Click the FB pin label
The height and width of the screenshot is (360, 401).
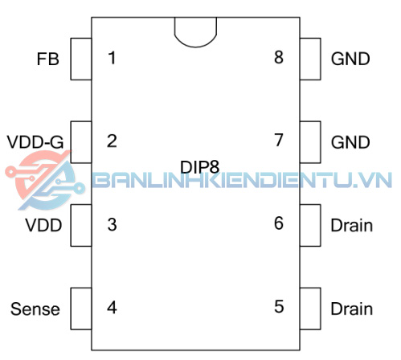click(x=47, y=59)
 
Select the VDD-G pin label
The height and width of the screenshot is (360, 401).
click(x=35, y=142)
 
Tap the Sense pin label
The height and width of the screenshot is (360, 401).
click(x=35, y=309)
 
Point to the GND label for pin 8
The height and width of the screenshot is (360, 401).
click(x=350, y=59)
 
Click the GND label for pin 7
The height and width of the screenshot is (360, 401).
click(x=350, y=142)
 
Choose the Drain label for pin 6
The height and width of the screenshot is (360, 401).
click(x=352, y=226)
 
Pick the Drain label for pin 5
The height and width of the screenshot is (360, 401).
click(x=352, y=309)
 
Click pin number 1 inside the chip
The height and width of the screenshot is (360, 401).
click(x=112, y=58)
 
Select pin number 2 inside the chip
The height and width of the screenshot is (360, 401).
click(x=112, y=141)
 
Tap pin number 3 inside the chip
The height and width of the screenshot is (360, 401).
click(x=112, y=224)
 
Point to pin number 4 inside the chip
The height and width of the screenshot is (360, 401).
click(x=112, y=308)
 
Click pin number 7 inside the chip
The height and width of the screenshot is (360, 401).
click(x=279, y=140)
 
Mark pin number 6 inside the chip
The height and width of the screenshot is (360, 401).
click(x=279, y=223)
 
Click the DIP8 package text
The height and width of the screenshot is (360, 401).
click(x=200, y=167)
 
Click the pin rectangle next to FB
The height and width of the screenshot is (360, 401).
click(x=81, y=59)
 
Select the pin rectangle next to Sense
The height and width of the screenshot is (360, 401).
click(x=81, y=309)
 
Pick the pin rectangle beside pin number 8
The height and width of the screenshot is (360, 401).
click(x=310, y=59)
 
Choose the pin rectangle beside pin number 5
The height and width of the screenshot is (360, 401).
click(x=310, y=309)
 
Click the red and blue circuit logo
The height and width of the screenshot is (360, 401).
click(x=46, y=180)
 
